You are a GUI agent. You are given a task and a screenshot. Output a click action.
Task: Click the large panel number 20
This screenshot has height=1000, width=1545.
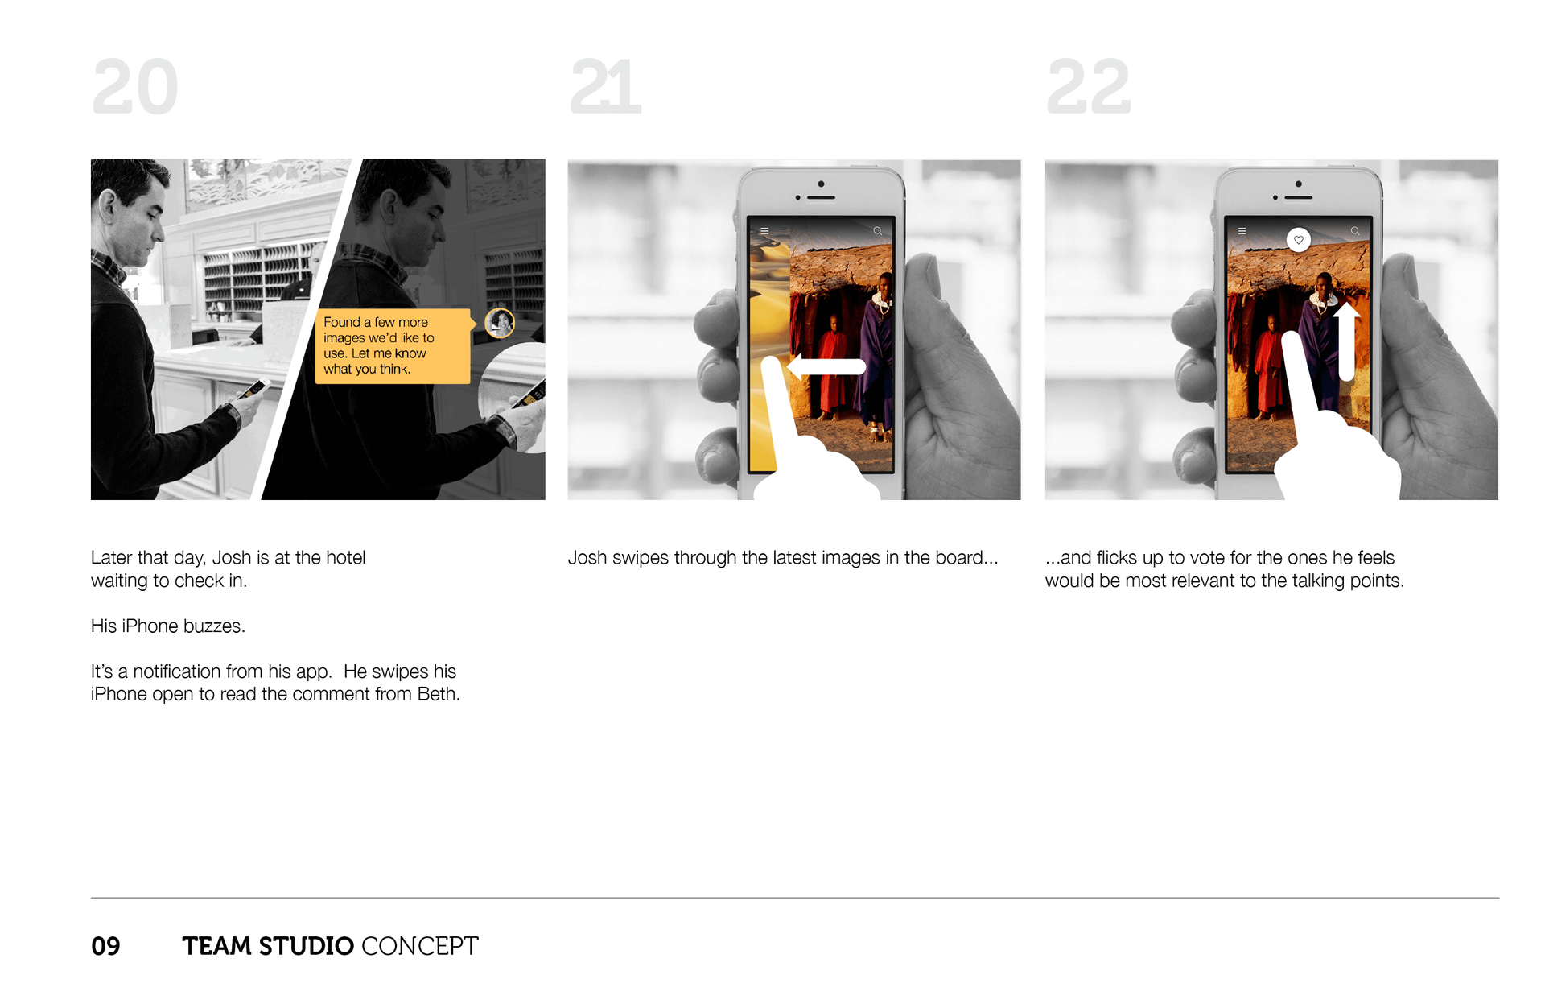coord(135,87)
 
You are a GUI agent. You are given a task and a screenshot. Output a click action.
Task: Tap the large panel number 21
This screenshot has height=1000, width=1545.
coord(605,87)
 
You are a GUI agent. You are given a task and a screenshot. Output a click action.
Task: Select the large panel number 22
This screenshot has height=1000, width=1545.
coord(1089,87)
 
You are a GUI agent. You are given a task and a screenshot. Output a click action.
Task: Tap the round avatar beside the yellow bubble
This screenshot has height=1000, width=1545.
coord(500,323)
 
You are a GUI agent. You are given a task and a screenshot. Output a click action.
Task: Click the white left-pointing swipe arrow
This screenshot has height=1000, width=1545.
coord(826,367)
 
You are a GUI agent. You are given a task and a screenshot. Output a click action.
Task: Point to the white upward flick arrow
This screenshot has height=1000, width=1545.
coord(1346,341)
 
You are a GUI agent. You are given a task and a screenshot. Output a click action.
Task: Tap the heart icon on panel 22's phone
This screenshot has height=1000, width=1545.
coord(1298,240)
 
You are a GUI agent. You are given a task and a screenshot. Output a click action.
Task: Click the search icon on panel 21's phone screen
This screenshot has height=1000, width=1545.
coord(877,231)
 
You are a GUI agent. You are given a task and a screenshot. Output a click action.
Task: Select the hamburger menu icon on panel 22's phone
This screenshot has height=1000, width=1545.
coord(1242,231)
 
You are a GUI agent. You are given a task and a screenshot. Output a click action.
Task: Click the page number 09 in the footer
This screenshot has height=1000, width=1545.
coord(105,946)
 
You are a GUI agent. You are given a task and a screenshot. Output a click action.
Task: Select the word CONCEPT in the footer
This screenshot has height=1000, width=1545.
coord(420,946)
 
